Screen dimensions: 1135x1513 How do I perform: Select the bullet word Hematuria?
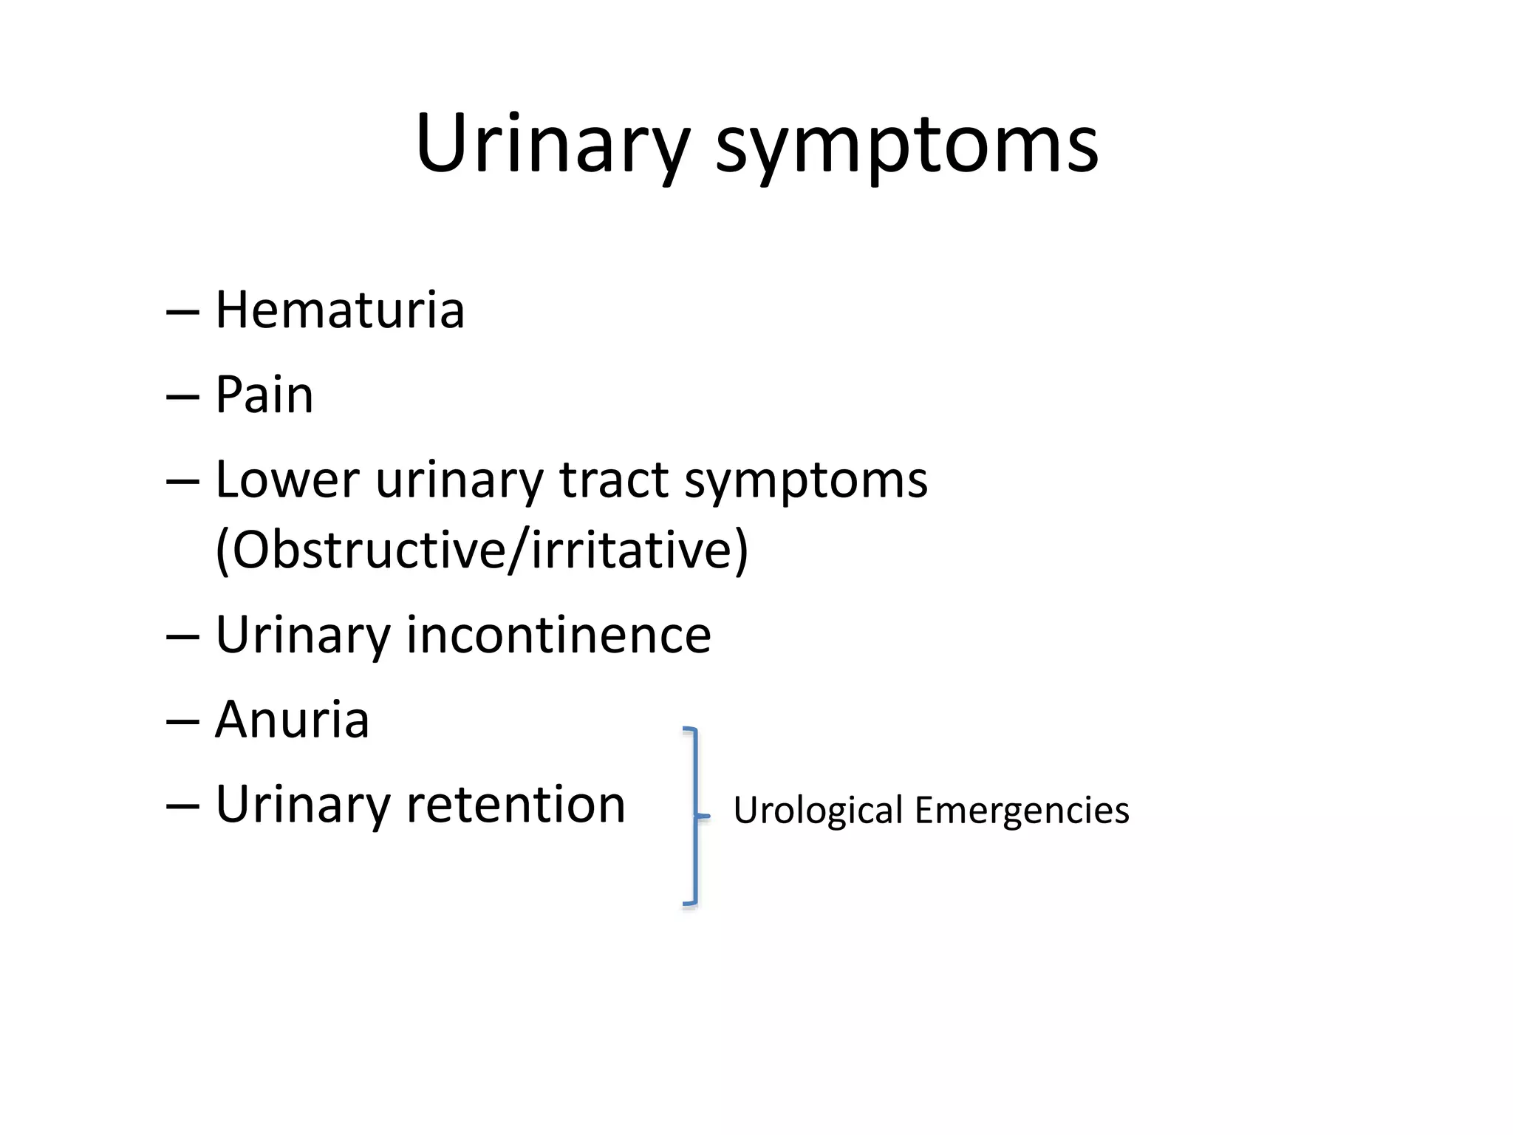tap(340, 310)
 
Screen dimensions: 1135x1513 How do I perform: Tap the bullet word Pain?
tap(264, 395)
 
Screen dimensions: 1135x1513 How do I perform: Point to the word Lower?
tap(287, 480)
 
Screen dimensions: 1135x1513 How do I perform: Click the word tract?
tap(614, 480)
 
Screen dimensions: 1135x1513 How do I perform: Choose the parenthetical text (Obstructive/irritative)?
tap(482, 551)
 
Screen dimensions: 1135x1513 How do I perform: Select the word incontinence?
tap(559, 635)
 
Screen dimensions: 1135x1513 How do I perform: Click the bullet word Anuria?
tap(292, 720)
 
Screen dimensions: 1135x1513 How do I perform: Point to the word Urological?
tap(818, 811)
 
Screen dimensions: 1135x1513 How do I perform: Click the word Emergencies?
tap(1022, 811)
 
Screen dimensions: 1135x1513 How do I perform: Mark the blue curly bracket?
tap(693, 816)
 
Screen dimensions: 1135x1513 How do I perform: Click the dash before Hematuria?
tap(182, 313)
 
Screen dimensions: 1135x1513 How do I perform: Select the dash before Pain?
tap(182, 398)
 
